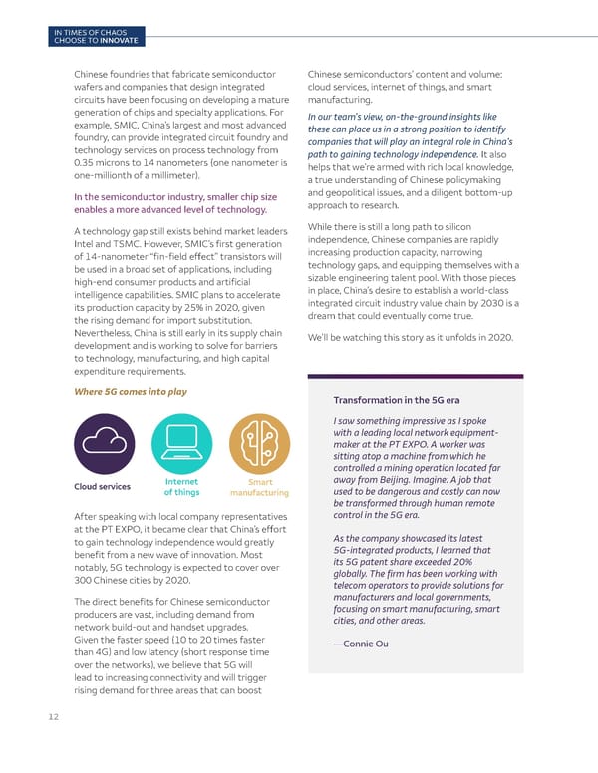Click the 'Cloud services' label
tap(101, 487)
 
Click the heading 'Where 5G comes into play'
tap(131, 391)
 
